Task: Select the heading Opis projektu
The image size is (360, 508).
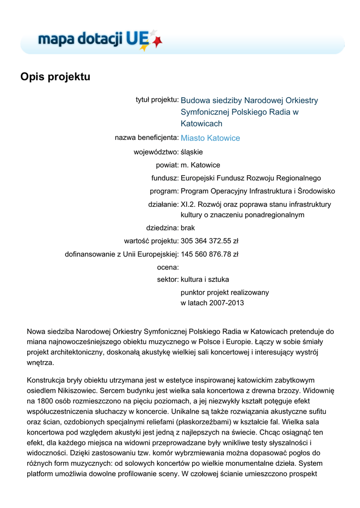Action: [x=55, y=77]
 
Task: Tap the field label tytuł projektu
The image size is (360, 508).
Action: [x=157, y=100]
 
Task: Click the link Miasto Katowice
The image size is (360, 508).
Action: [x=210, y=138]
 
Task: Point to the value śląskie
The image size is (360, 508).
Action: [x=192, y=152]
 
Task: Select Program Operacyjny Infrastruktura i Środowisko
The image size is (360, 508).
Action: [x=258, y=191]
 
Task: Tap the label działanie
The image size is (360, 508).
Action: [x=163, y=204]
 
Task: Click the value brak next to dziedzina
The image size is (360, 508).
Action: [x=188, y=228]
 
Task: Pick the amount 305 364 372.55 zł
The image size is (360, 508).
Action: [x=210, y=241]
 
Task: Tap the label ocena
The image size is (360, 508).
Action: [x=167, y=267]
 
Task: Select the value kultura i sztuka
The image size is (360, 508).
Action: [x=205, y=279]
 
